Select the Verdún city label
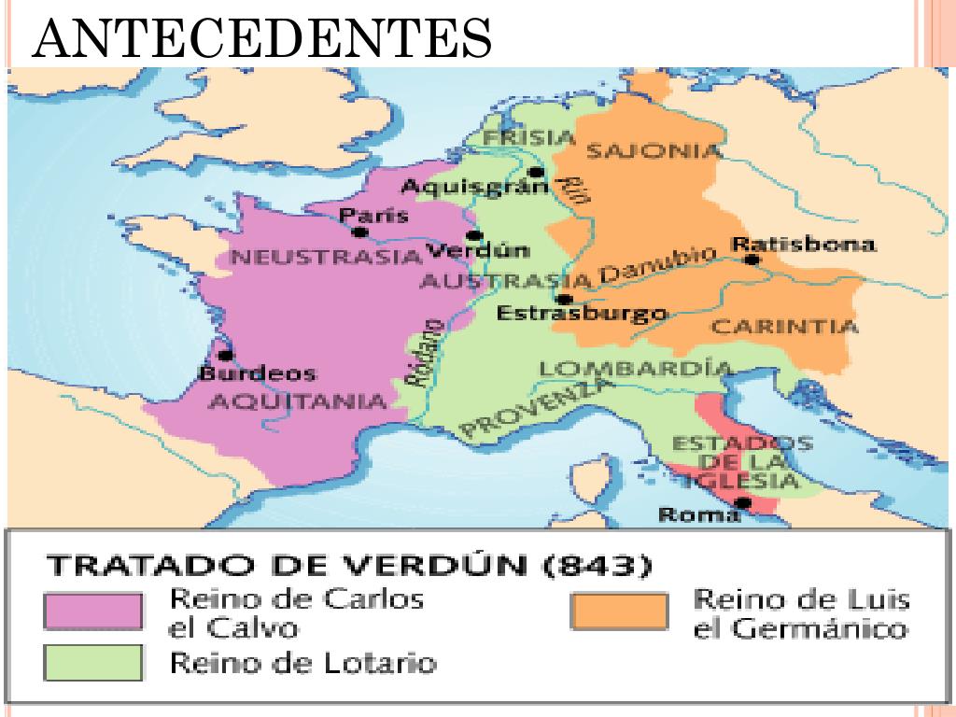[x=477, y=251]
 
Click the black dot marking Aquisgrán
[x=535, y=173]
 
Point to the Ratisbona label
[x=804, y=245]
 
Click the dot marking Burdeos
[x=224, y=356]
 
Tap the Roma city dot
[x=742, y=503]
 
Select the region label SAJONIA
[x=654, y=151]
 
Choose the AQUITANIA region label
[x=296, y=401]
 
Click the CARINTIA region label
[x=784, y=327]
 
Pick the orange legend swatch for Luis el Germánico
[x=619, y=612]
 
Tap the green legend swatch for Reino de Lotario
[x=94, y=664]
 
